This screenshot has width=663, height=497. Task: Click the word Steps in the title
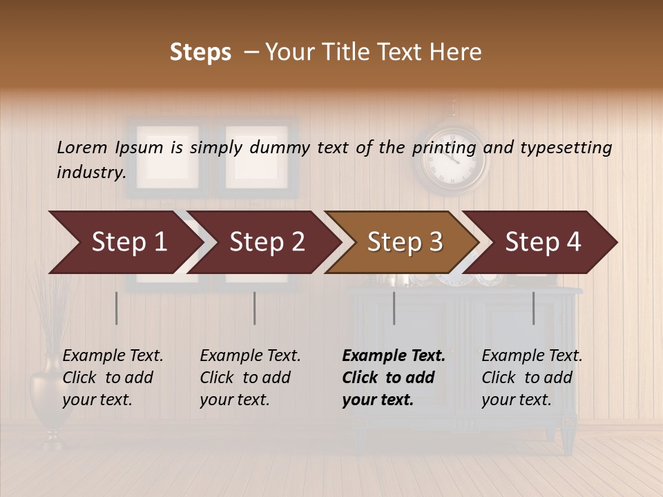pyautogui.click(x=200, y=52)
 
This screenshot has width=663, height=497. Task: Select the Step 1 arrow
pyautogui.click(x=128, y=242)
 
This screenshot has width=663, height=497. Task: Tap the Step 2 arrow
pyautogui.click(x=267, y=242)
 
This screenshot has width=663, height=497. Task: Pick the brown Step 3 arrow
pyautogui.click(x=405, y=242)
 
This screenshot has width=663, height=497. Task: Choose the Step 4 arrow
pyautogui.click(x=543, y=242)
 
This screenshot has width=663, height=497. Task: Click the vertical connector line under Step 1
pyautogui.click(x=117, y=308)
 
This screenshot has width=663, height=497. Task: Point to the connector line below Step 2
pyautogui.click(x=255, y=308)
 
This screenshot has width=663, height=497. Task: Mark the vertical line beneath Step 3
pyautogui.click(x=394, y=308)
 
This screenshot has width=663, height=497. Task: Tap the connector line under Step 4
pyautogui.click(x=533, y=308)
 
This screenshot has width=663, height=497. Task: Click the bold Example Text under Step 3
pyautogui.click(x=394, y=378)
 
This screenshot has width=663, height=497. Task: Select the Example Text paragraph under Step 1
pyautogui.click(x=113, y=378)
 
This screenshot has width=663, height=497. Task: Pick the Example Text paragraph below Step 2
pyautogui.click(x=250, y=378)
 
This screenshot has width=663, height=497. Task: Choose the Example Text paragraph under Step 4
pyautogui.click(x=532, y=378)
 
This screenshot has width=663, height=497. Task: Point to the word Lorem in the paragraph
pyautogui.click(x=82, y=147)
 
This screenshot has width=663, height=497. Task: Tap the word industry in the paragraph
pyautogui.click(x=90, y=172)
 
